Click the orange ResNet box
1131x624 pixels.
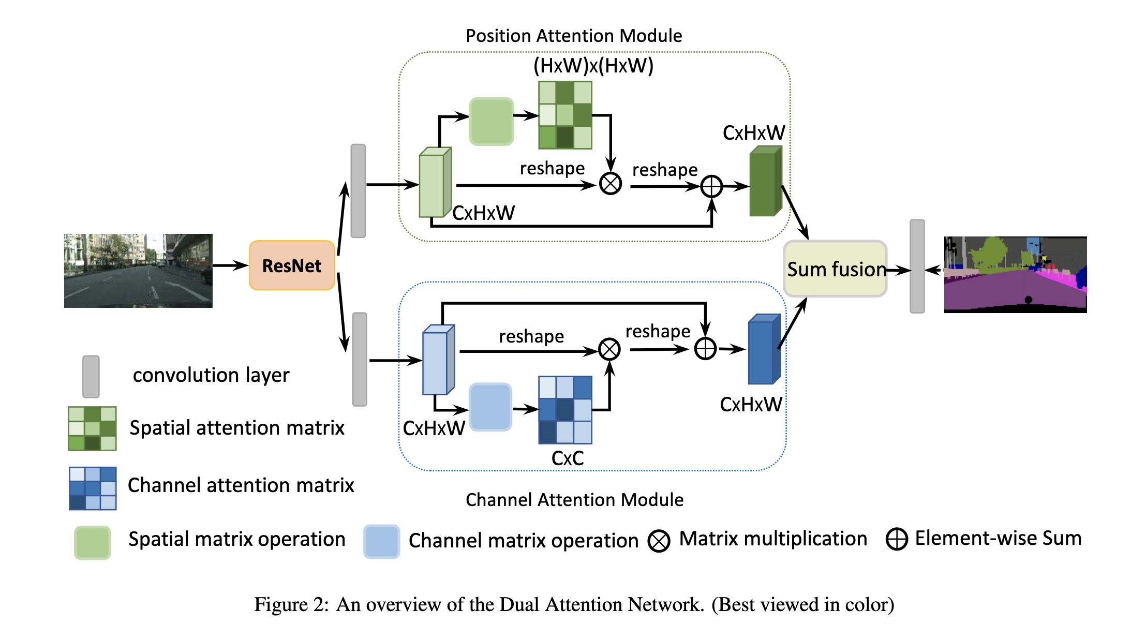(292, 265)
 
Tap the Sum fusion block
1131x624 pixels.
(835, 269)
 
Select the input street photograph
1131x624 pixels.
(138, 271)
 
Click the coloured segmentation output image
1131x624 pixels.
(1015, 274)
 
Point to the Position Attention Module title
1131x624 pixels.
(574, 36)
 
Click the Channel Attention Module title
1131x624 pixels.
(574, 499)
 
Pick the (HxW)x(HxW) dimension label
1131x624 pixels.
(593, 66)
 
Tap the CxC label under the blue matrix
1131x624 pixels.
(568, 458)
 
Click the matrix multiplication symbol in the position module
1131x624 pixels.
(611, 184)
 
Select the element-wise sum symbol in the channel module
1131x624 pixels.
(705, 349)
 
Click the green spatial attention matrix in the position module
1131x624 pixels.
(565, 115)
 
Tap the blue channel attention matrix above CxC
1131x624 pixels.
(565, 410)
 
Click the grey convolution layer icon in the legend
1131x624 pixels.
(91, 376)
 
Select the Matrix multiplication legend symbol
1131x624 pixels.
(659, 541)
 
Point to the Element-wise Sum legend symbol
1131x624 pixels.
(897, 539)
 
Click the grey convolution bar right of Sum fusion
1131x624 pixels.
(917, 266)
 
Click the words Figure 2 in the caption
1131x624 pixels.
(291, 604)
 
